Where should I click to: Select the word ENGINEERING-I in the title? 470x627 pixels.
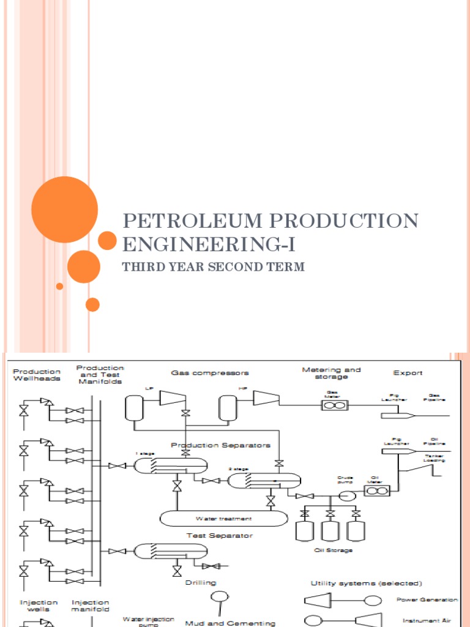point(209,244)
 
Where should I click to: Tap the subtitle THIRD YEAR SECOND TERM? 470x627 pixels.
point(213,267)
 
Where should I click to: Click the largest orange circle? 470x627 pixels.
point(64,209)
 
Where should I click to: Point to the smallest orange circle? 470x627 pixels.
point(59,286)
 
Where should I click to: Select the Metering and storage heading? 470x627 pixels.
point(331,374)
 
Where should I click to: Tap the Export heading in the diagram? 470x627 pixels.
point(408,372)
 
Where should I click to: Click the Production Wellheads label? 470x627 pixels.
point(37,375)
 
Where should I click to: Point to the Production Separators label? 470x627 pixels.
point(220,445)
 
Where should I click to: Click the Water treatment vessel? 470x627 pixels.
point(224,518)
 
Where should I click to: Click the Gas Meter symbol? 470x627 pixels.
point(335,405)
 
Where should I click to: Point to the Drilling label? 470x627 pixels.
point(201,583)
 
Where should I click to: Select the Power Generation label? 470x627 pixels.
point(427,599)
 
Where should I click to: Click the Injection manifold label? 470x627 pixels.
point(91,606)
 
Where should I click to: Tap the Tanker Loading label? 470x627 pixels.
point(434,457)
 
